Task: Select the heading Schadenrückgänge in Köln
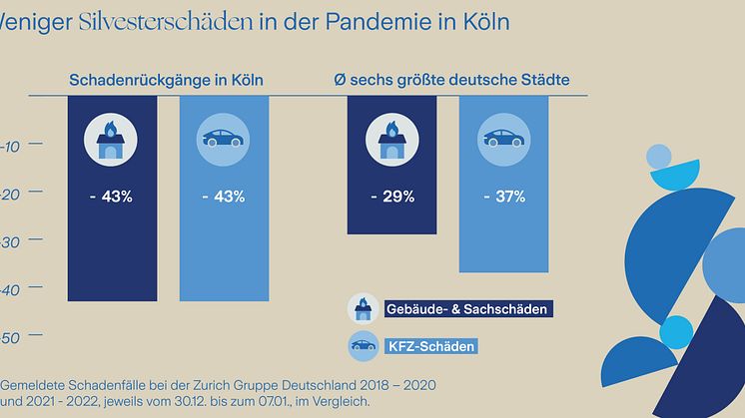166,80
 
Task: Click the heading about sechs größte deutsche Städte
458,80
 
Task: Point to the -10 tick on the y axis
9,146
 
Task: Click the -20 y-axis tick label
9,195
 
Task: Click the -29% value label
390,197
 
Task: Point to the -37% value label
502,197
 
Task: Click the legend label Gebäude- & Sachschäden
466,309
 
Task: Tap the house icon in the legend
361,308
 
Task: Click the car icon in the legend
361,346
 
